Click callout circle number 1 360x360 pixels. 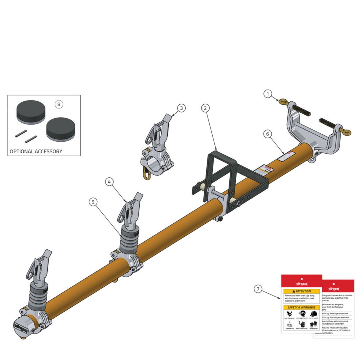(x=268, y=94)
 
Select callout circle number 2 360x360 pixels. (x=205, y=108)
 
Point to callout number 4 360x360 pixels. (x=109, y=181)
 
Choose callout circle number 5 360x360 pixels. (x=93, y=202)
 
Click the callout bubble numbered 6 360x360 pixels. (x=267, y=134)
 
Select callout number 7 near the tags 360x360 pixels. (x=258, y=289)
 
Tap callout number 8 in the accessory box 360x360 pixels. (x=59, y=104)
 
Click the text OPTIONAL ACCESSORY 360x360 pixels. (x=36, y=151)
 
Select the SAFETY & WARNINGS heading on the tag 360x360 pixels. (x=301, y=308)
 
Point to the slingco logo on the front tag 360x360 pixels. (x=301, y=284)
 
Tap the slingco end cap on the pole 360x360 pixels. (x=21, y=327)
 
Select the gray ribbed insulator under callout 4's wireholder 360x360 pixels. (x=129, y=239)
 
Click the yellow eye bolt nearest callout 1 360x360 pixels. (x=283, y=102)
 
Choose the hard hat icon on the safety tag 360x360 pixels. (x=313, y=314)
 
